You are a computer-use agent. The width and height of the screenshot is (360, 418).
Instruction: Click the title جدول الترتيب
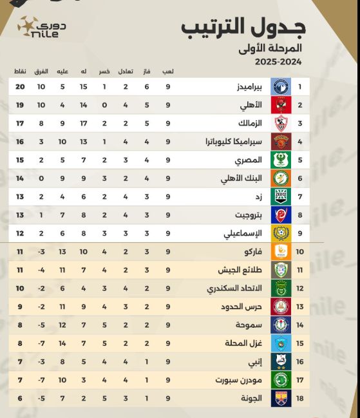243,27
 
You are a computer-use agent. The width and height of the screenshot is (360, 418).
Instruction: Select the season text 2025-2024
278,62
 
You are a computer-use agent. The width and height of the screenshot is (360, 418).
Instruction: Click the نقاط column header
20,71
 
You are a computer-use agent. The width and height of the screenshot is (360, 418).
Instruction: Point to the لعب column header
168,71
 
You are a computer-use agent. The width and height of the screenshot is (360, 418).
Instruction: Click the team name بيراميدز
247,86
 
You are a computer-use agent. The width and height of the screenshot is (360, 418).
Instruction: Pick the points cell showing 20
20,86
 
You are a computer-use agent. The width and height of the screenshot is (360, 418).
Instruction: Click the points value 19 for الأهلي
20,104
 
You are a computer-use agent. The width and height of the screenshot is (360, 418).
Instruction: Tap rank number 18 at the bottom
299,399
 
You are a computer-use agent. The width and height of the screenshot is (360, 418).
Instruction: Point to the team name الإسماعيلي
242,233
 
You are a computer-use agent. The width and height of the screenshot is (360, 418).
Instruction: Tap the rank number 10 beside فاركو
299,252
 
